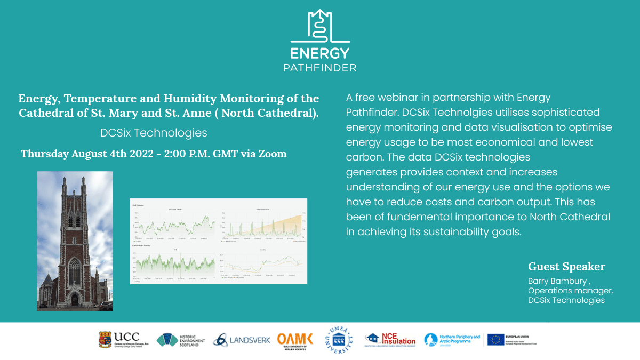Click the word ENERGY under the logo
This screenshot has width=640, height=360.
(319, 53)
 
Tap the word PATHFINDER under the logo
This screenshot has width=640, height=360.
(319, 68)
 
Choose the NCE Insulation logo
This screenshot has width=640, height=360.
(390, 339)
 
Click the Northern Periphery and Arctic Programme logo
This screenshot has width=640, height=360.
(452, 340)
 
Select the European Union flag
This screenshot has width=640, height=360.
(495, 340)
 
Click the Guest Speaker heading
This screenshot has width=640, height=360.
(566, 267)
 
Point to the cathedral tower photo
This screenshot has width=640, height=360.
(75, 240)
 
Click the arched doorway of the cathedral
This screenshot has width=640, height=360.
(74, 299)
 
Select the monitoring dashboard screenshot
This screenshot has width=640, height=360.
(219, 241)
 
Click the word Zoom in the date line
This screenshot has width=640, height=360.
(273, 154)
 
